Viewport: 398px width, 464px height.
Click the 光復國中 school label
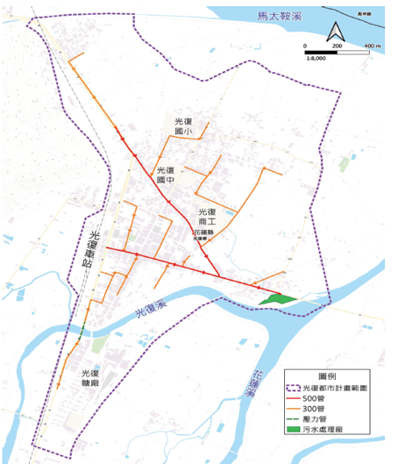tap(166, 175)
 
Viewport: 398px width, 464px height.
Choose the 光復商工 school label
tap(207, 217)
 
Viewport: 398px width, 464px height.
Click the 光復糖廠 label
tap(83, 378)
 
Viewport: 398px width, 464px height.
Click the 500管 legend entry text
tap(326, 399)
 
